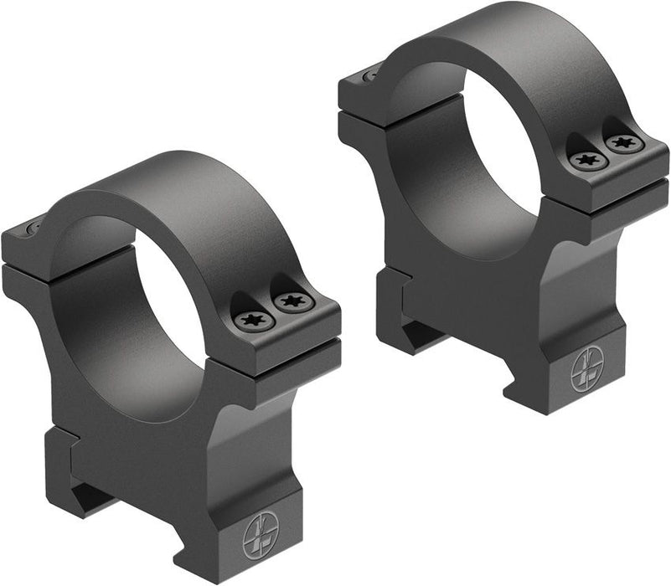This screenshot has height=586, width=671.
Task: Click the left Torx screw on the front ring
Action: [x=252, y=319]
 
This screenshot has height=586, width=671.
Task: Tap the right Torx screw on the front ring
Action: [x=292, y=301]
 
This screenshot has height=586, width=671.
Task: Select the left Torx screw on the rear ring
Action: [x=583, y=159]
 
